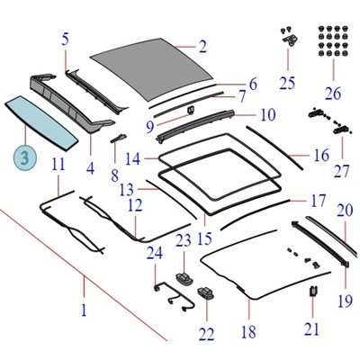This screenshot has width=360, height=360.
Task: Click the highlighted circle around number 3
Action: (24, 157)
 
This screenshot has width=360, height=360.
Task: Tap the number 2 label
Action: (202, 47)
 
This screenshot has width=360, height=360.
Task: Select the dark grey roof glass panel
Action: (152, 69)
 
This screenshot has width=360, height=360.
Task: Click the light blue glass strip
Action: (41, 123)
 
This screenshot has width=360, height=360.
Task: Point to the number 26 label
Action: (333, 94)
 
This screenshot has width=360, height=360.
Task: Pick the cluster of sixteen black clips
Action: (333, 42)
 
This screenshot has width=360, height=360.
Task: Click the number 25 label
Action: (287, 83)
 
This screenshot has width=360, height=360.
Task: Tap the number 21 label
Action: (312, 329)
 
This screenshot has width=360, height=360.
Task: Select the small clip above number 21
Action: (313, 291)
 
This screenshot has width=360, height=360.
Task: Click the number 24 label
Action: (155, 253)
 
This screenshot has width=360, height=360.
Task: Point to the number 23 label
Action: (184, 240)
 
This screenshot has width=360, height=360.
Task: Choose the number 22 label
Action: (206, 334)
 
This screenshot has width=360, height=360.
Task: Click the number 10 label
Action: (268, 114)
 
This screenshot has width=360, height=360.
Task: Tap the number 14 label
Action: (132, 158)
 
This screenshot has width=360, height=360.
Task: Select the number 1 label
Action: (84, 310)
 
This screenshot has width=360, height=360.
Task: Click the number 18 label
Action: (248, 332)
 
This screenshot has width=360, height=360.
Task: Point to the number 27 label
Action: (341, 172)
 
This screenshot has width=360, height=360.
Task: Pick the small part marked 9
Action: (191, 110)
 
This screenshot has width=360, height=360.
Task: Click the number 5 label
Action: (66, 40)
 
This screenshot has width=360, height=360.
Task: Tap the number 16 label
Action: (321, 156)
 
